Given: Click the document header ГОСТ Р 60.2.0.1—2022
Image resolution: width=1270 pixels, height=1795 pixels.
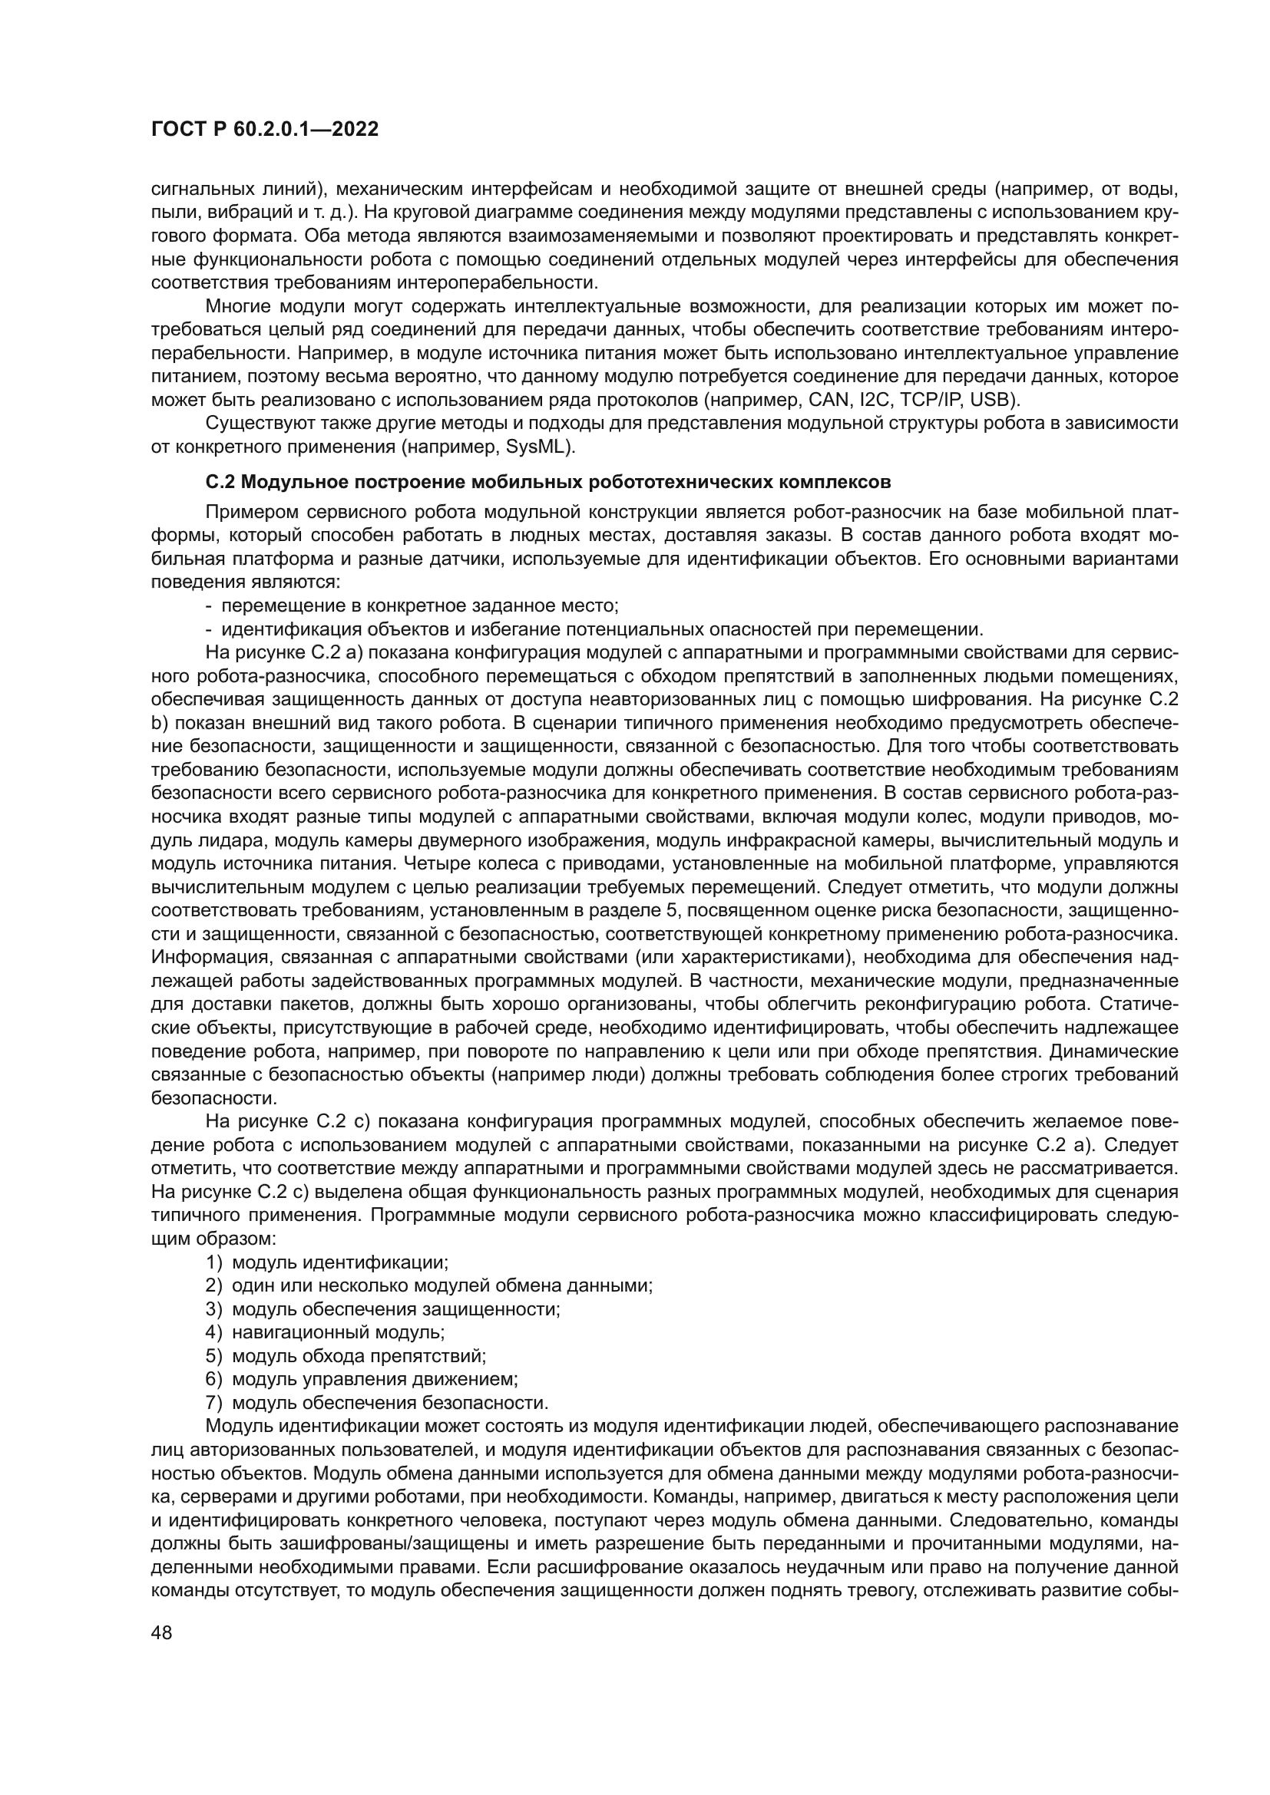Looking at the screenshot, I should pos(264,129).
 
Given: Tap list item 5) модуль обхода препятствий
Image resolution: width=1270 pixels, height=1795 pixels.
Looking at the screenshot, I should pos(346,1355).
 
